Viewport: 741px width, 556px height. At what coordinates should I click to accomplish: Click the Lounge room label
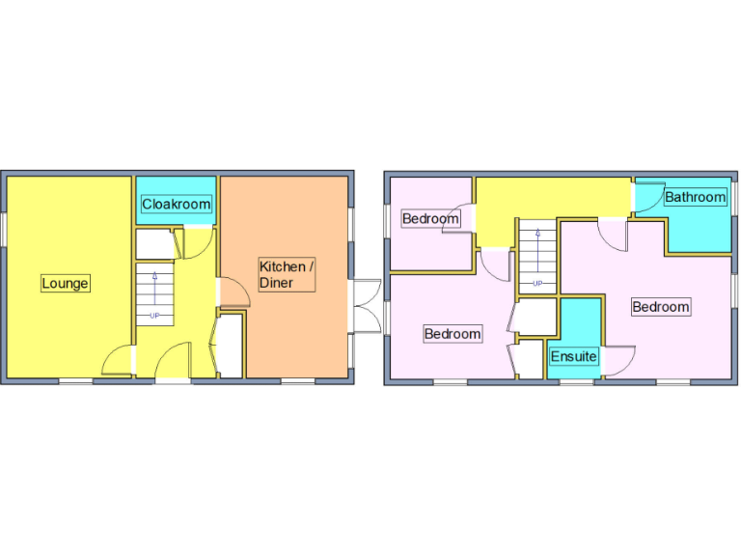66,283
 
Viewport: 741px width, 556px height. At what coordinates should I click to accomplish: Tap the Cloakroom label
176,205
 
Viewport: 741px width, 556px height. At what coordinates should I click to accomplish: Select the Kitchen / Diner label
286,274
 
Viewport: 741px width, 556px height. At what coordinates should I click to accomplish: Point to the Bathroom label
695,197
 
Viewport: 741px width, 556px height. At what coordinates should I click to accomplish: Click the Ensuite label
573,357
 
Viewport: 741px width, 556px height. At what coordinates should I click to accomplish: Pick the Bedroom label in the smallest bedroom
429,218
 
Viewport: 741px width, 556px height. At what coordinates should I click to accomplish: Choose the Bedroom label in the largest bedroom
661,307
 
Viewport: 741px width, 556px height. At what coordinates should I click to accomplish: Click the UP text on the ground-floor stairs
153,316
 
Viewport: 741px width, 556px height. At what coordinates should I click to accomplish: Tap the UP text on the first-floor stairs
536,283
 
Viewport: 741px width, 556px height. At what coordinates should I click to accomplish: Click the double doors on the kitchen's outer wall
365,306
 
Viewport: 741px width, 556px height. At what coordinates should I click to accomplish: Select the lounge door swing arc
116,361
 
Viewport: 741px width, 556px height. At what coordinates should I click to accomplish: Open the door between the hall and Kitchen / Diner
233,292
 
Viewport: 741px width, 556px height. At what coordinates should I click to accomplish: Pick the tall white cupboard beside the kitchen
231,346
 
